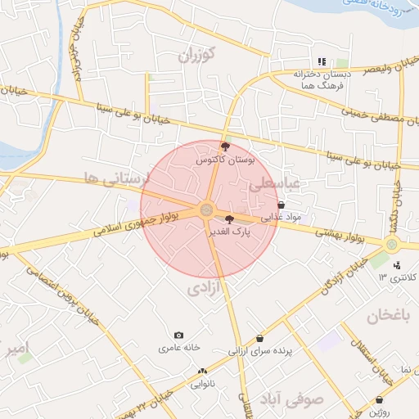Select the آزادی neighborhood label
tap(204, 288)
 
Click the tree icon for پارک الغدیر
tap(229, 219)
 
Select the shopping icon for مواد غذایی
tap(282, 206)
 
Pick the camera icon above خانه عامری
tap(179, 336)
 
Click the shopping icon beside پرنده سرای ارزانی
tap(260, 338)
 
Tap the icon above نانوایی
tap(202, 371)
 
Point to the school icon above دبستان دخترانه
tap(322, 61)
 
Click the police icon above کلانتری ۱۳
tap(397, 264)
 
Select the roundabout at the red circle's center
tap(206, 210)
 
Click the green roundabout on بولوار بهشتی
tap(392, 244)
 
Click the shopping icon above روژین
tap(380, 400)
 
